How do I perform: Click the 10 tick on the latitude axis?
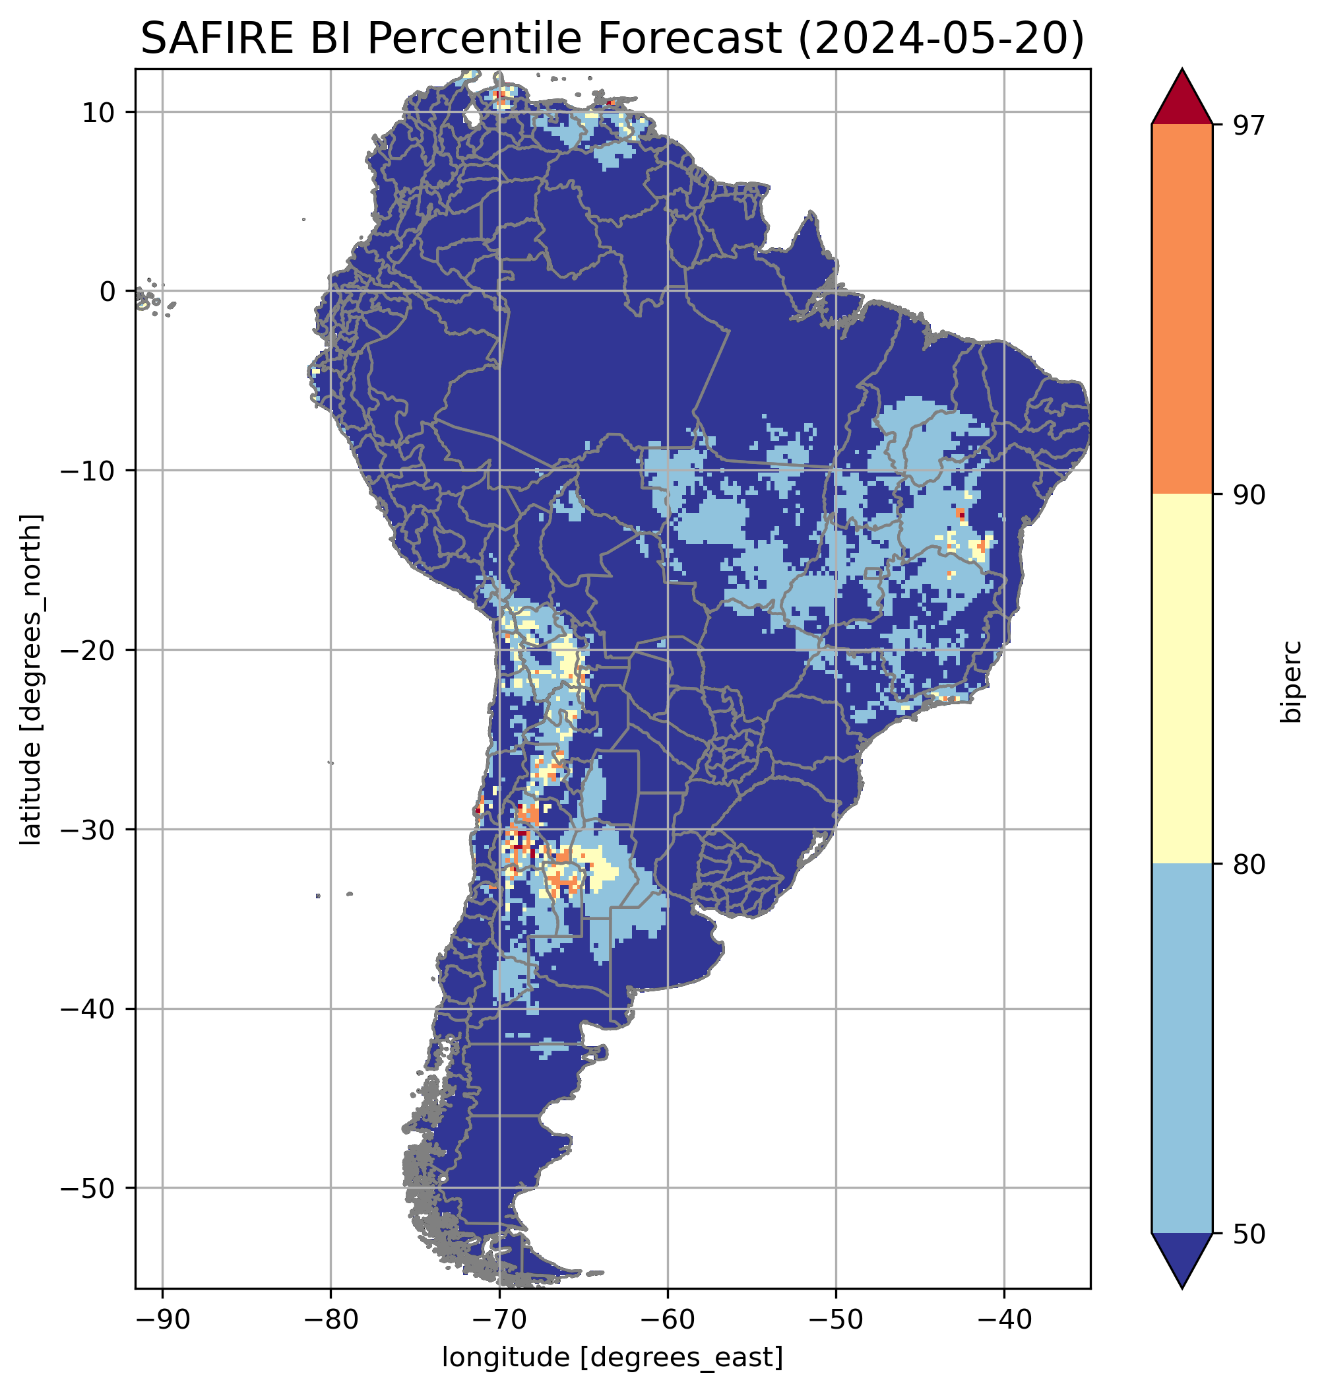[x=98, y=112]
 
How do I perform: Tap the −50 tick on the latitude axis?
[x=89, y=1189]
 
